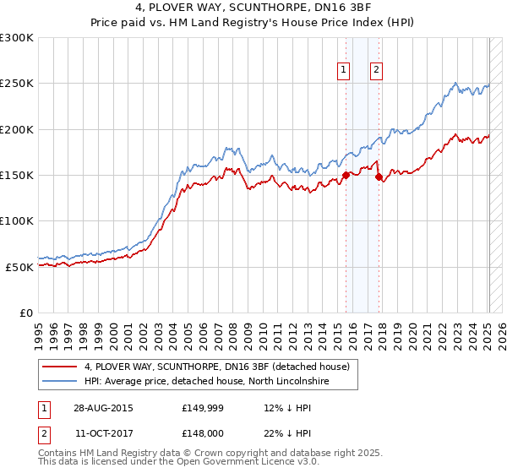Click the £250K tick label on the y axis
click(x=16, y=84)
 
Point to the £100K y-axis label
click(x=16, y=220)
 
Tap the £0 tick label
click(x=27, y=313)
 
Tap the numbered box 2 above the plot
click(x=376, y=71)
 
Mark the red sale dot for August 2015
click(x=346, y=176)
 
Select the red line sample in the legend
click(x=60, y=367)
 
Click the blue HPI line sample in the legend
click(x=60, y=382)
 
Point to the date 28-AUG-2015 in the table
click(x=103, y=407)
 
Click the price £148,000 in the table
click(x=201, y=434)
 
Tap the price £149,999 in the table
click(x=201, y=407)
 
